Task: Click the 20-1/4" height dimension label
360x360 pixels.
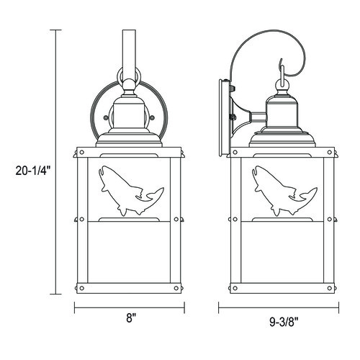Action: (x=33, y=171)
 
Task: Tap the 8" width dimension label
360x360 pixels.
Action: (x=130, y=319)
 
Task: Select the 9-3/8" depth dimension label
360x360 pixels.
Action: (x=284, y=322)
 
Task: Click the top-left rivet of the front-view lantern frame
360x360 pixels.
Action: (x=82, y=152)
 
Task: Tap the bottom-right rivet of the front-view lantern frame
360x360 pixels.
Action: (x=176, y=288)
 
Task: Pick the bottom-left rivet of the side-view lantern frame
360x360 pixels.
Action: (x=235, y=288)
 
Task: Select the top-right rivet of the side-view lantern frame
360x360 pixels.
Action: (x=330, y=152)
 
